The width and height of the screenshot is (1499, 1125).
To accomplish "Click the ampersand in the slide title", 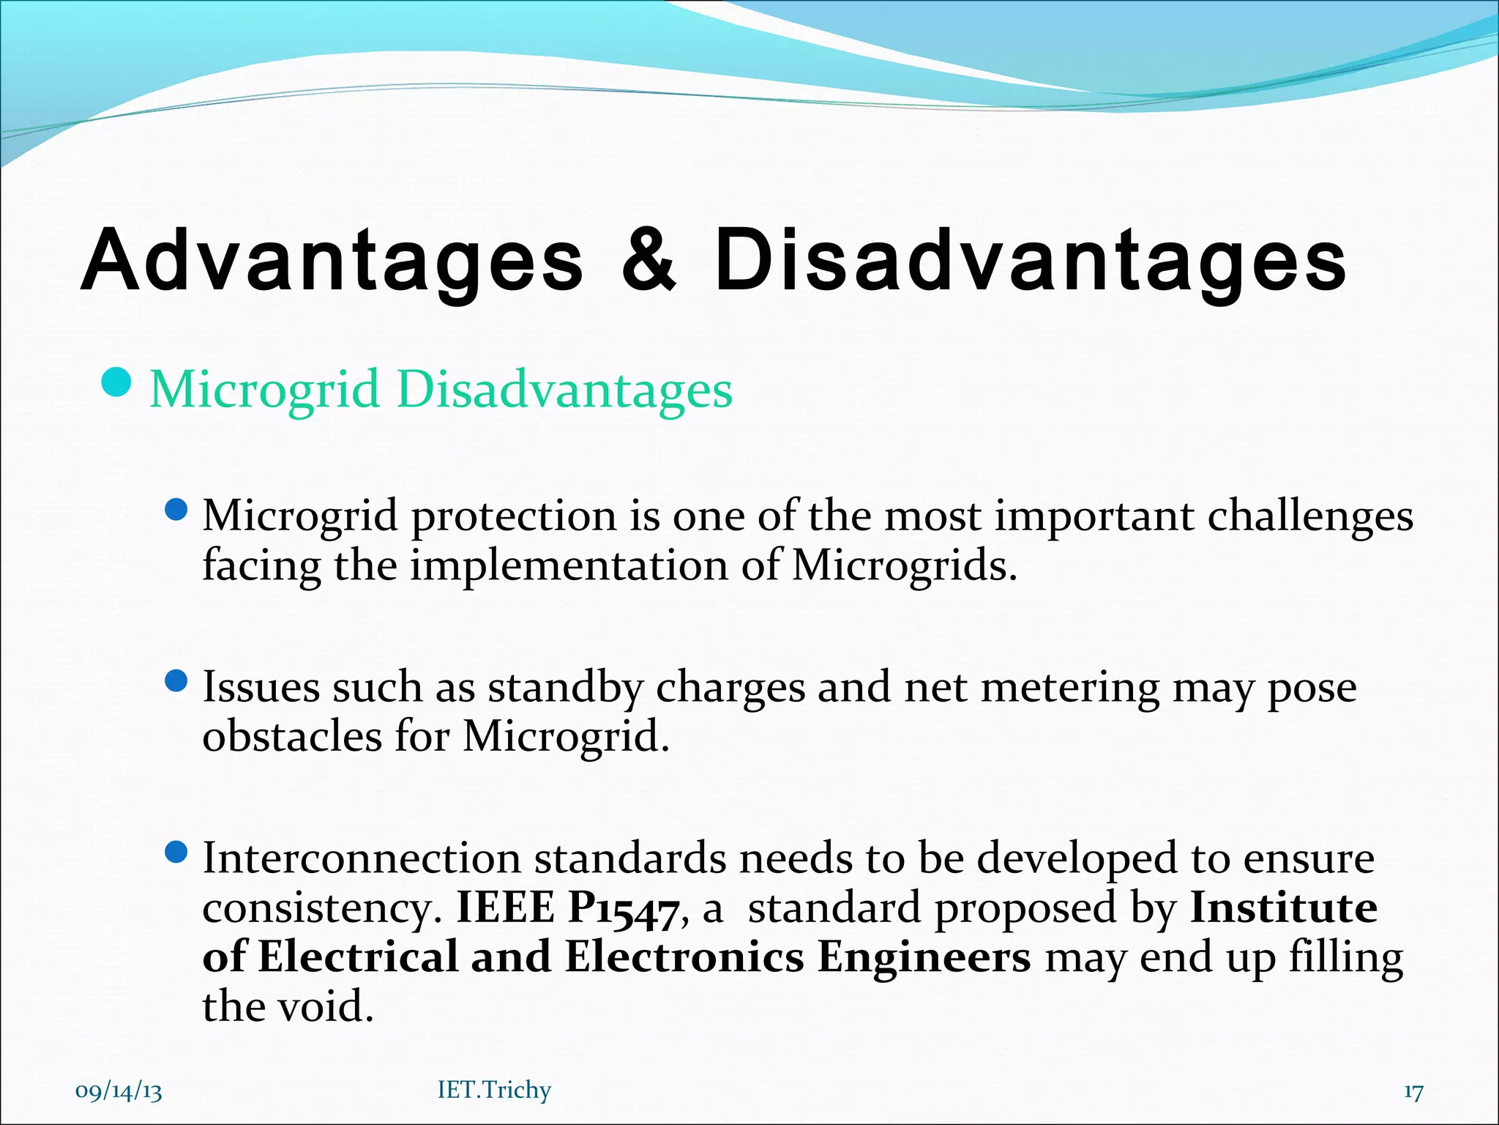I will pos(648,259).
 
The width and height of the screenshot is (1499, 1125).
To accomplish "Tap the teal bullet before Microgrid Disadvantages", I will pos(116,382).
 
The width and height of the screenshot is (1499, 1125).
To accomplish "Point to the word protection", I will pos(514,516).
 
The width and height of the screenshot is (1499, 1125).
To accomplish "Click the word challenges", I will pos(1310,516).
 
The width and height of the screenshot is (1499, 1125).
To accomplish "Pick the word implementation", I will pos(569,565).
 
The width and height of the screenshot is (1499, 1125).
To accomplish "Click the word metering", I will pos(1069,688).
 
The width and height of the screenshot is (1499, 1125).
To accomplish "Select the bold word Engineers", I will pos(924,957).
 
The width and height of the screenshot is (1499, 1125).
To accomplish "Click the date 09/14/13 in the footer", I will pos(119,1091).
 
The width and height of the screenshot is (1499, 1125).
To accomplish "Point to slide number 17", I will pos(1413,1091).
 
